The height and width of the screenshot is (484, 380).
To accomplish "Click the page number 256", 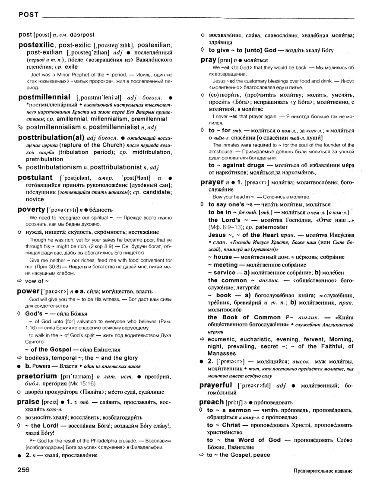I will tap(25, 469).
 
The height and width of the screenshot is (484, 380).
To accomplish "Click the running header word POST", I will tap(28, 16).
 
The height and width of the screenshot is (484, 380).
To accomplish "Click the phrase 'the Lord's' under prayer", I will tap(222, 220).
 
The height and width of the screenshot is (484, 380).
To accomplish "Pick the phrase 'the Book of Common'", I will tap(239, 318).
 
